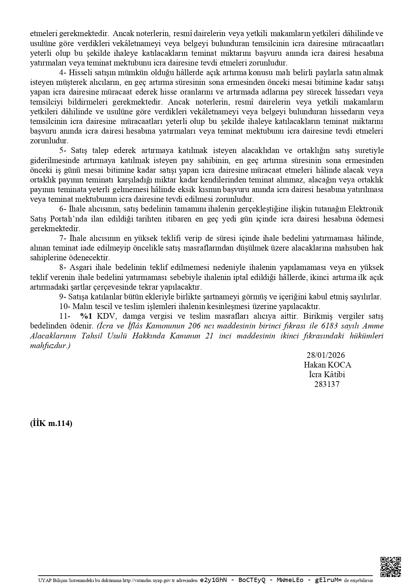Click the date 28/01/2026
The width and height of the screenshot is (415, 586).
[325, 355]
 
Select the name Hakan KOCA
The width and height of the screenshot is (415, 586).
[327, 365]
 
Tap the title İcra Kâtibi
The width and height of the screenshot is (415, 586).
[326, 375]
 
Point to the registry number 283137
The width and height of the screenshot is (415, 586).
[326, 384]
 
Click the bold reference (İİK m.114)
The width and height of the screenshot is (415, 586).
[51, 423]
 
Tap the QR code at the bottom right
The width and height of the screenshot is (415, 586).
[391, 567]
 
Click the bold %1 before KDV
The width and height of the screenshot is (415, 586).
[86, 316]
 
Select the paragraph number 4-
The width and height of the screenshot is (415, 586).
[63, 72]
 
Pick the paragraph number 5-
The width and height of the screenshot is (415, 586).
[63, 151]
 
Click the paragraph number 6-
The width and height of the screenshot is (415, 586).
[63, 209]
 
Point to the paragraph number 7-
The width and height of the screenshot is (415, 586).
[63, 239]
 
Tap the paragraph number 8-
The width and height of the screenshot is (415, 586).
[63, 268]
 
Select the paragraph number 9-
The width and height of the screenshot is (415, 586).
[63, 297]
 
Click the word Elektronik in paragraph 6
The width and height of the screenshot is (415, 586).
[366, 209]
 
